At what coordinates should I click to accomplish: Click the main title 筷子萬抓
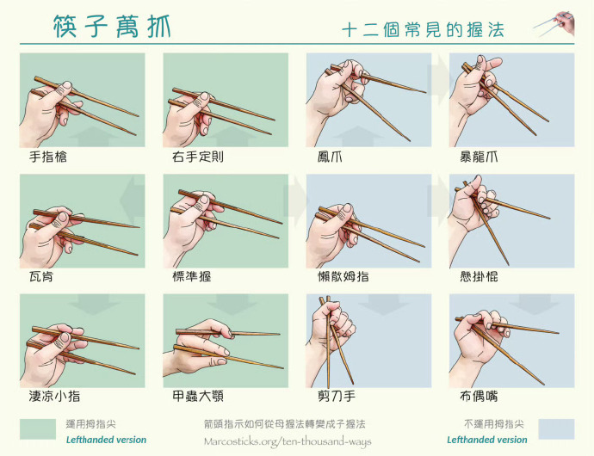[x=112, y=27]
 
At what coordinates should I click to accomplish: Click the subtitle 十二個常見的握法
[x=424, y=30]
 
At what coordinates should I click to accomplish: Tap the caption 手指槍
[x=48, y=157]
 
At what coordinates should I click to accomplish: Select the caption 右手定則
[x=198, y=157]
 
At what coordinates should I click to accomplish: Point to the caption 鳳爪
[x=330, y=157]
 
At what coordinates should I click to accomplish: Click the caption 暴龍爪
[x=479, y=157]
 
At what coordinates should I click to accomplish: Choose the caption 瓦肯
[x=41, y=277]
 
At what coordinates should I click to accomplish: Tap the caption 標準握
[x=192, y=277]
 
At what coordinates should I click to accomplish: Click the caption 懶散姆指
[x=343, y=277]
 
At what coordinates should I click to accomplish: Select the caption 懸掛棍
[x=479, y=277]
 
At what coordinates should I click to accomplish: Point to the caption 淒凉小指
[x=54, y=397]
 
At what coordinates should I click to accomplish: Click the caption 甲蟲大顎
[x=198, y=397]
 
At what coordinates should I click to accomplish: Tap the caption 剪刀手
[x=337, y=397]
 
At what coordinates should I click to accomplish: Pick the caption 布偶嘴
[x=479, y=397]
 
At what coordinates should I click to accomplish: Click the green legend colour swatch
[x=38, y=428]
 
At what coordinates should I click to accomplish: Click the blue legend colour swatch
[x=556, y=428]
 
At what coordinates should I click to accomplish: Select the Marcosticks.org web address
[x=288, y=441]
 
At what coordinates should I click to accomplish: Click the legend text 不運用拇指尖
[x=493, y=424]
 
